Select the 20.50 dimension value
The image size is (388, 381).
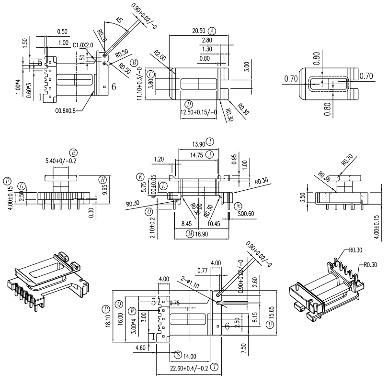coord(199,30)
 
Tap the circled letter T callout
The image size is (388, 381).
coord(214,367)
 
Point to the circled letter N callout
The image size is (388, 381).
coord(238,206)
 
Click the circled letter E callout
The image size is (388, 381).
coord(73,152)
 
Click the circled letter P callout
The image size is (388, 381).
coord(105,309)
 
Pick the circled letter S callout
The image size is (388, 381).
coord(178,355)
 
